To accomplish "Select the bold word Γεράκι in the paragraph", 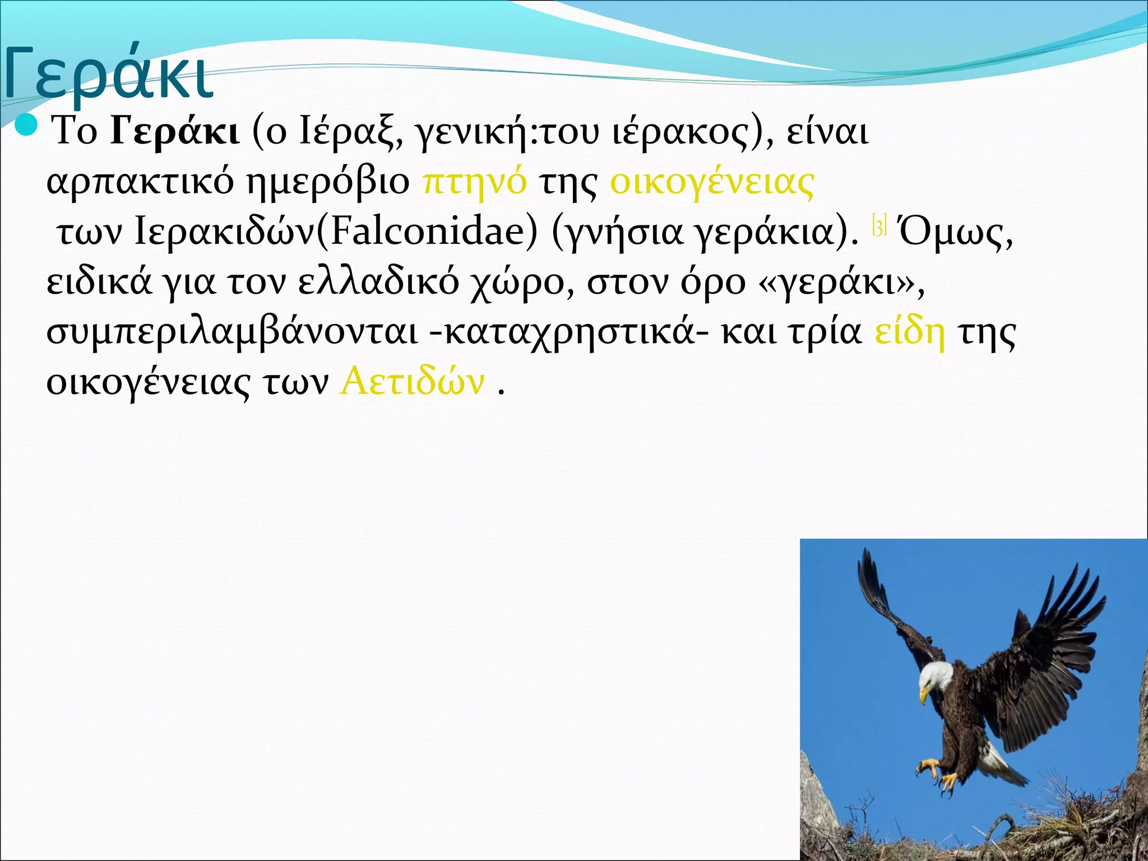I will [x=175, y=132].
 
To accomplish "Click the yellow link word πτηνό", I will [x=474, y=182].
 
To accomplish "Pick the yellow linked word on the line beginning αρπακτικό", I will [x=712, y=182].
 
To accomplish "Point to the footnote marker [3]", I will [x=879, y=226].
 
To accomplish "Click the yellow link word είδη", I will [x=909, y=332].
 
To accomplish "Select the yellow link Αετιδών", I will [x=412, y=382].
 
